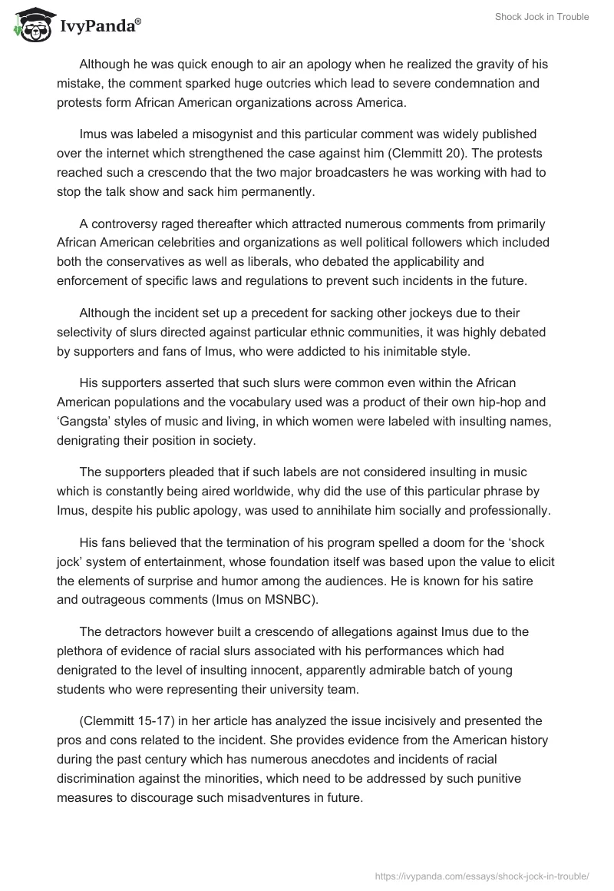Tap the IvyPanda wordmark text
[x=100, y=28]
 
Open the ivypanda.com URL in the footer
[x=481, y=875]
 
